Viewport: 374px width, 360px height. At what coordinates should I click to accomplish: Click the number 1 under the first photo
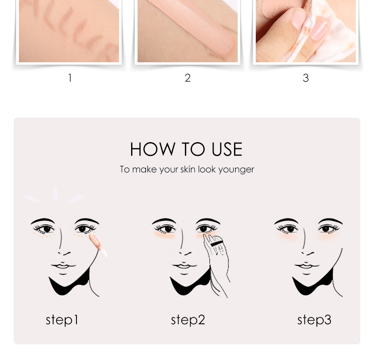pos(70,78)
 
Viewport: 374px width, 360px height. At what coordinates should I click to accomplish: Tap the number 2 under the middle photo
pos(187,78)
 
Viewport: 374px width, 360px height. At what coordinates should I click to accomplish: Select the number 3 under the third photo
pos(306,78)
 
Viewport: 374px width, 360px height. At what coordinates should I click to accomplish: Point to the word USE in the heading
pos(227,149)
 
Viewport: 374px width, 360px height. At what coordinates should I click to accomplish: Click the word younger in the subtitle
pos(236,170)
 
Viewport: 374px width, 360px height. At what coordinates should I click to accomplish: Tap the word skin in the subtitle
pos(187,169)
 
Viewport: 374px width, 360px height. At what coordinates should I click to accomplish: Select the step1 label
pos(62,320)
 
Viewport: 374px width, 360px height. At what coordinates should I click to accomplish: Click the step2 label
pos(188,320)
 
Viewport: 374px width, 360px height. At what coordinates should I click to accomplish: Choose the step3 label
pos(314,320)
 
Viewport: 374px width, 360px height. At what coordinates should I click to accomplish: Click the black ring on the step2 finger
pos(216,244)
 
